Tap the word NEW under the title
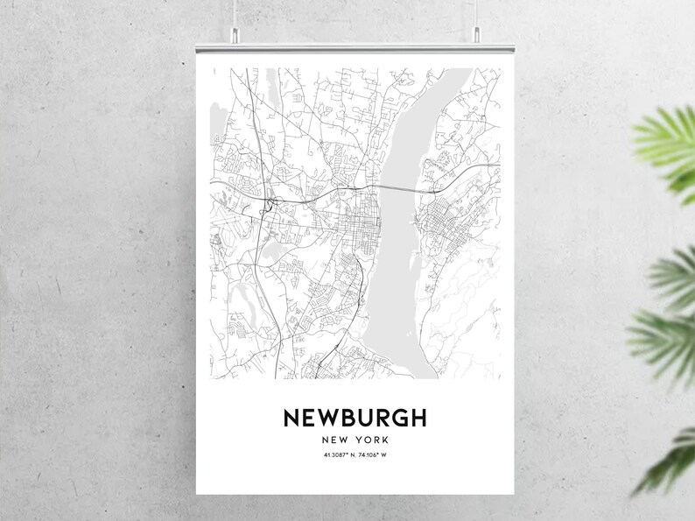pos(336,440)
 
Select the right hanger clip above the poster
pos(477,34)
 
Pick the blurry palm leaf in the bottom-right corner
pos(670,464)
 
